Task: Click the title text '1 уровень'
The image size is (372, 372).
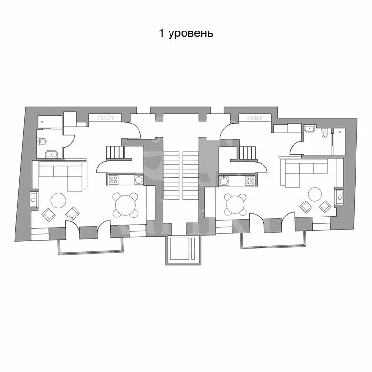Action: pos(186,33)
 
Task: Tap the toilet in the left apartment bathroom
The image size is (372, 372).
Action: pos(42,141)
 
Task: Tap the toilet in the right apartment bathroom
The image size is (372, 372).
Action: pos(325,132)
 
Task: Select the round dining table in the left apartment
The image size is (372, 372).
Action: pos(125,205)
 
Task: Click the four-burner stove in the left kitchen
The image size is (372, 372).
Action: pos(113,180)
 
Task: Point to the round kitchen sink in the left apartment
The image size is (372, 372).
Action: pos(139,180)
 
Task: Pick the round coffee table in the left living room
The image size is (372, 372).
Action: pos(59,201)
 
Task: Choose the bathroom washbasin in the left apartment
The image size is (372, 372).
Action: pos(51,154)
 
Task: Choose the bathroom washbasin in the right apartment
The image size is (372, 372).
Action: pos(310,129)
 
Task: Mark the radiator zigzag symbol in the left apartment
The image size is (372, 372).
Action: pos(107,117)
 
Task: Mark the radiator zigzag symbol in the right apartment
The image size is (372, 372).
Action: pos(255,118)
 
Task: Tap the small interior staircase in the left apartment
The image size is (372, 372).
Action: pos(115,152)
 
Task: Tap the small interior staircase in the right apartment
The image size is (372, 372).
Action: pos(248,153)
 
